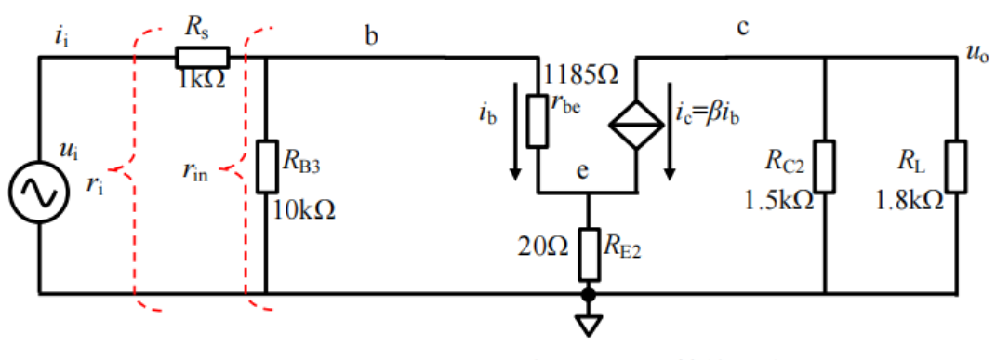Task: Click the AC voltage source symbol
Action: pyautogui.click(x=39, y=191)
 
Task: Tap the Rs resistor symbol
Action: pyautogui.click(x=202, y=58)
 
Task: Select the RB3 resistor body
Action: pyautogui.click(x=266, y=167)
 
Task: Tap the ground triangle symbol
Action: pyautogui.click(x=588, y=325)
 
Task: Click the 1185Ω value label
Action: pyautogui.click(x=582, y=73)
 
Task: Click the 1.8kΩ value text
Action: pyautogui.click(x=909, y=199)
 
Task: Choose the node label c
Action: pyautogui.click(x=743, y=27)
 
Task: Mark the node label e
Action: pyautogui.click(x=583, y=173)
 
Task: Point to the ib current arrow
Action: pyautogui.click(x=512, y=149)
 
